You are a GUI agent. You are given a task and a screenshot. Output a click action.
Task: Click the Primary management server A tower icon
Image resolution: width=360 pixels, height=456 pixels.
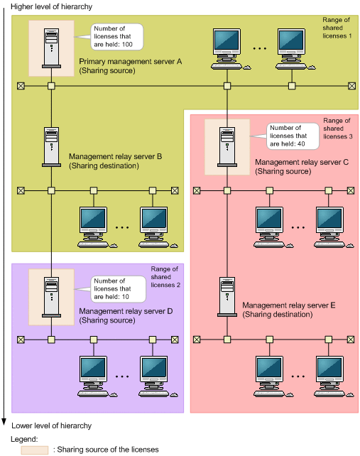(x=51, y=48)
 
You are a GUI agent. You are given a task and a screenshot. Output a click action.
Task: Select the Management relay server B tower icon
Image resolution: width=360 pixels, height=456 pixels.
(x=51, y=147)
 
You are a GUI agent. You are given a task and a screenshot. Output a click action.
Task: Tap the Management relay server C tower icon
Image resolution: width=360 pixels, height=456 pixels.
(x=227, y=147)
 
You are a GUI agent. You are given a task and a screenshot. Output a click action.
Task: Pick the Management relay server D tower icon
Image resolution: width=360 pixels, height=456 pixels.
(x=51, y=297)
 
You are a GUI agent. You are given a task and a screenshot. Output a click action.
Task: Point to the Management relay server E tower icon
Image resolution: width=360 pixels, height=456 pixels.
(x=227, y=297)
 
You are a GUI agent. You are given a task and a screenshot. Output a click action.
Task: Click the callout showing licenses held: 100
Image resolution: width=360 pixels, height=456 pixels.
(x=117, y=37)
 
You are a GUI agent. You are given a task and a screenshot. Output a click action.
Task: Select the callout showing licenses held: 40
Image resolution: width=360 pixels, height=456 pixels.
(x=293, y=136)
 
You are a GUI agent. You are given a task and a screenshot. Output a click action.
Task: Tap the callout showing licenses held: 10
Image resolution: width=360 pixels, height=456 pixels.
(x=118, y=289)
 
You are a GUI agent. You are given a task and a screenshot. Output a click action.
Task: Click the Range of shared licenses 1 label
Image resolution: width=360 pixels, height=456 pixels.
(x=337, y=28)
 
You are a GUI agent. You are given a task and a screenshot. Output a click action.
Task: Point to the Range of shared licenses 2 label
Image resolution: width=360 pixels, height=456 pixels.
(x=165, y=277)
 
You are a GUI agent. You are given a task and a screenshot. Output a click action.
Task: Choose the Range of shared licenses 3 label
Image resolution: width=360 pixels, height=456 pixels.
(x=337, y=129)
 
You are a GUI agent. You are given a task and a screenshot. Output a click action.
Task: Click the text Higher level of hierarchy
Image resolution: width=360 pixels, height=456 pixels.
(x=51, y=6)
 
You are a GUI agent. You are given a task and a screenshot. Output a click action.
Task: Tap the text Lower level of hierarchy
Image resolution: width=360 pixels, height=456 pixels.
(x=51, y=425)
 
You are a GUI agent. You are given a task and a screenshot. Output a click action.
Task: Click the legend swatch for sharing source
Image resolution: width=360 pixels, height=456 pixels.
(x=35, y=450)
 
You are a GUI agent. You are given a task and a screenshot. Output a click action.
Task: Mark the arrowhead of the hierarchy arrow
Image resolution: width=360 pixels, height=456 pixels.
(x=4, y=422)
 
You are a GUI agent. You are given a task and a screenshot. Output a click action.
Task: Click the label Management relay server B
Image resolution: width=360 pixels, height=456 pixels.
(x=115, y=156)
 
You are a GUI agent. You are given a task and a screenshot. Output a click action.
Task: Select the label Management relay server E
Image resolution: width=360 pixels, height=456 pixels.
(x=289, y=305)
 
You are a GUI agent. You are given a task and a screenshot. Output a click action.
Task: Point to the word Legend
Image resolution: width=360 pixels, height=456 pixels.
(x=24, y=439)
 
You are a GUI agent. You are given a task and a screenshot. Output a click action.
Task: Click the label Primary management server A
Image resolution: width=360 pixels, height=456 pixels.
(x=130, y=62)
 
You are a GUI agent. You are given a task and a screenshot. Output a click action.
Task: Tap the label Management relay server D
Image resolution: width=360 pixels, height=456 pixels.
(x=126, y=311)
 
